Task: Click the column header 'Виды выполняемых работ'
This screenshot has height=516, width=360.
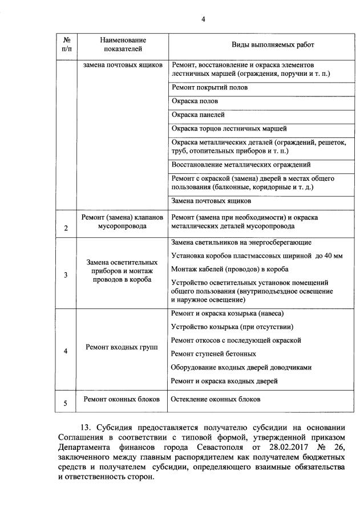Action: click(x=256, y=44)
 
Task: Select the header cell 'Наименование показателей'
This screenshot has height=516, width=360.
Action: click(x=123, y=44)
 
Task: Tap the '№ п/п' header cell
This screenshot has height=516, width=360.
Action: click(x=66, y=44)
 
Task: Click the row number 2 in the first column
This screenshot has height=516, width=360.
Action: click(x=66, y=229)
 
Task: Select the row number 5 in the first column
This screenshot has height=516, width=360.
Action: click(x=66, y=404)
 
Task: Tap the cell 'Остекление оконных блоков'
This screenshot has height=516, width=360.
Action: click(x=216, y=400)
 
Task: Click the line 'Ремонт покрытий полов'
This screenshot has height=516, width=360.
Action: click(x=209, y=88)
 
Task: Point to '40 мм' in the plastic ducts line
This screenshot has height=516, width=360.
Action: click(x=332, y=256)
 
